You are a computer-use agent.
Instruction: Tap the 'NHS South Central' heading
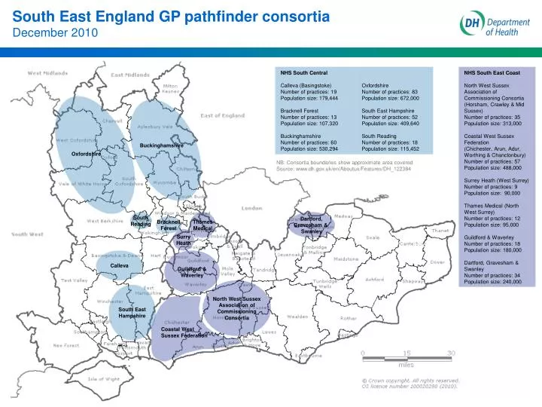pos(303,72)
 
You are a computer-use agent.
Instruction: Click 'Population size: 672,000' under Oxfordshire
pos(390,98)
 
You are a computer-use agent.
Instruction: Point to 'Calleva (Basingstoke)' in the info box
pos(307,85)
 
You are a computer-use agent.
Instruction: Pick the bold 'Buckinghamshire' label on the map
pos(161,145)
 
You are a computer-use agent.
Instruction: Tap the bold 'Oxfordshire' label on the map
pos(86,154)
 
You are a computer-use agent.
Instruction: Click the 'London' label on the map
pos(251,208)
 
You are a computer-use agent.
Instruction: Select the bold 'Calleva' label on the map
pos(120,265)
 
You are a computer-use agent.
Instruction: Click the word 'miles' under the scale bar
pos(406,365)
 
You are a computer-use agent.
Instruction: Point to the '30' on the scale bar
pos(452,353)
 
